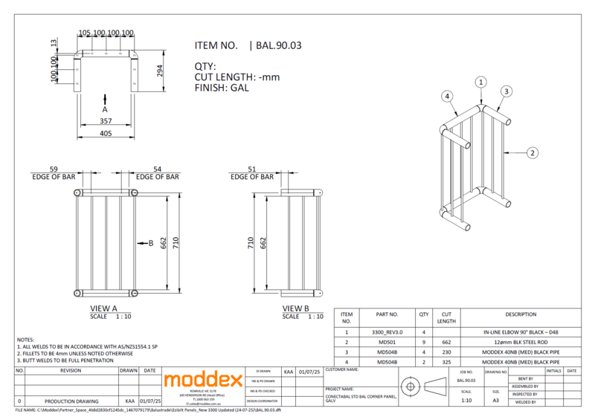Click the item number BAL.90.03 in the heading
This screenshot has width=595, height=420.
278,45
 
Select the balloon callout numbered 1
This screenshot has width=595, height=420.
481,81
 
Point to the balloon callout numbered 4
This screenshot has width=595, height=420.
447,96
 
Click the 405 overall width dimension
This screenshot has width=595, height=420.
106,133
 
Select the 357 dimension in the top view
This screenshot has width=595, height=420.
106,120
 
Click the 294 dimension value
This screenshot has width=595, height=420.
158,71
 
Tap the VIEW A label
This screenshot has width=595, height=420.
103,307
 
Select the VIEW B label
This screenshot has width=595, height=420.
297,307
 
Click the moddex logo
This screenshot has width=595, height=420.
203,380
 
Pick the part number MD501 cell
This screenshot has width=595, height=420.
388,342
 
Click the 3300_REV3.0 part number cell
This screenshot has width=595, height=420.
388,332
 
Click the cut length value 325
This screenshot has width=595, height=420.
446,362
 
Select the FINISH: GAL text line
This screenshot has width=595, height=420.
221,87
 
